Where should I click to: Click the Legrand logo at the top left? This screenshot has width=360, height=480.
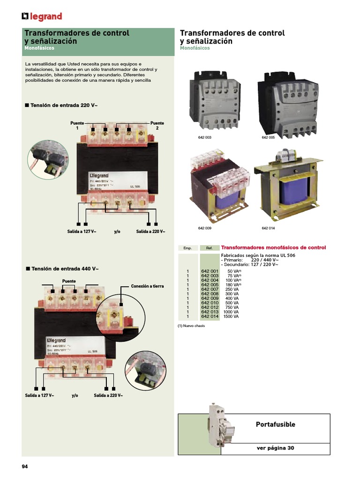coord(42,17)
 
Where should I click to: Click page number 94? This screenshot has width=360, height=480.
coord(25,466)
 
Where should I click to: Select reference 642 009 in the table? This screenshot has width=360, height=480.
coord(210,298)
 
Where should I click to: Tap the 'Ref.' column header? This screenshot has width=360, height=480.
coord(210,248)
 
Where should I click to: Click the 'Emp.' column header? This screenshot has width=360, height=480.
coord(187,248)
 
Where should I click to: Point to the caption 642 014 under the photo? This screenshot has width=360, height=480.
coord(268,228)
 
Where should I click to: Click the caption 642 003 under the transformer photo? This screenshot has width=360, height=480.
coord(204,137)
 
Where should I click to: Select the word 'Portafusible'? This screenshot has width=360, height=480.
coord(275,424)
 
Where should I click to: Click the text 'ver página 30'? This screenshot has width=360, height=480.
coord(275,448)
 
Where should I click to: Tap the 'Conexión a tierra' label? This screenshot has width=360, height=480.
coord(147,286)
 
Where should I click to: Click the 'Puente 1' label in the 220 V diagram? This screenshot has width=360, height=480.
coord(77,125)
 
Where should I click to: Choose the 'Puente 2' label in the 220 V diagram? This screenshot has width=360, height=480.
coord(157,125)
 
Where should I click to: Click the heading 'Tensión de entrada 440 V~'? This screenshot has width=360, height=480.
coord(64,269)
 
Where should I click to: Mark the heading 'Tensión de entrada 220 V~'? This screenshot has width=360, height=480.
coord(64,105)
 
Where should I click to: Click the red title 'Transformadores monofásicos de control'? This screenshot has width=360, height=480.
coord(273,247)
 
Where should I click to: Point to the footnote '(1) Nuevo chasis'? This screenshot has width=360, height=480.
coord(191,326)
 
